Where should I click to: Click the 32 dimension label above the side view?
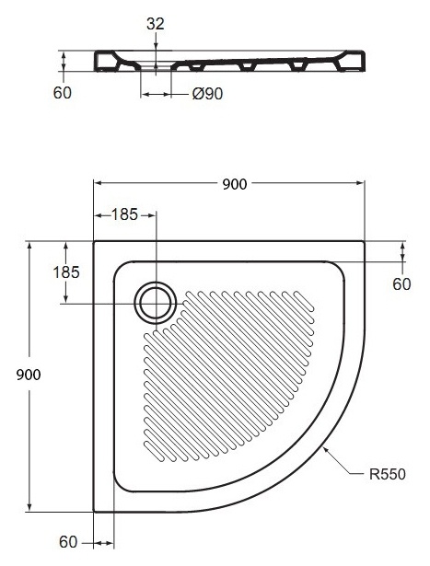pos(156,24)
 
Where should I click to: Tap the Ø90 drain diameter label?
pos(207,94)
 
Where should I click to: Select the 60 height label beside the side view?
pos(62,93)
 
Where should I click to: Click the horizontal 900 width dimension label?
pos(234,184)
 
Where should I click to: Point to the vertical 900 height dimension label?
pos(29,375)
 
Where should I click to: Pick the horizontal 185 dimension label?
pos(124,214)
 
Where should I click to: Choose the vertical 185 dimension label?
pos(66,272)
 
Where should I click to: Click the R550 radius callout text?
pos(388,474)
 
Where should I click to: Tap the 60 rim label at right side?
pos(401,284)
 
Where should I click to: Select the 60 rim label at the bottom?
pos(68,542)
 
